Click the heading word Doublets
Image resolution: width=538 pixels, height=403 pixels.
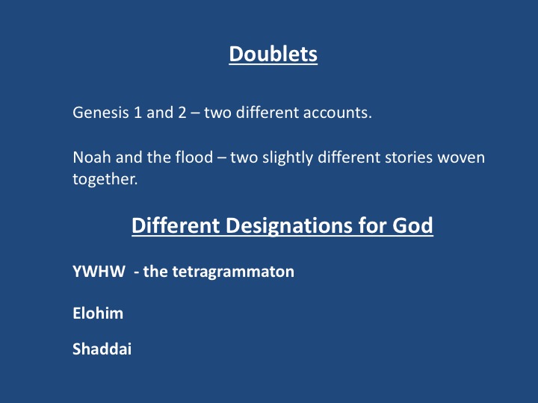(x=273, y=54)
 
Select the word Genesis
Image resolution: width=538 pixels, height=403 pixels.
(x=101, y=113)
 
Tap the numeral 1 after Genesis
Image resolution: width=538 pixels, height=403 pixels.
(x=137, y=113)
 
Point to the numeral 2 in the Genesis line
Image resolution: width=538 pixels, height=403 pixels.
(x=182, y=113)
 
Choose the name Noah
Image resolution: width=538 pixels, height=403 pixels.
(x=92, y=157)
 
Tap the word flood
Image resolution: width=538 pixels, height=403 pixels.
(x=194, y=157)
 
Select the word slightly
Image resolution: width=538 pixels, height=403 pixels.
(x=288, y=157)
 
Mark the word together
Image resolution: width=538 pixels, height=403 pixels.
(x=105, y=179)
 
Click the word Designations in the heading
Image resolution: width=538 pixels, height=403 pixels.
(x=289, y=225)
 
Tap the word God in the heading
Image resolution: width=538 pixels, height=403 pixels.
(x=412, y=225)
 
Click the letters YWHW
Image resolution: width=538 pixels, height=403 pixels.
(x=99, y=272)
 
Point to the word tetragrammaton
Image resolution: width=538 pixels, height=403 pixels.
(x=233, y=272)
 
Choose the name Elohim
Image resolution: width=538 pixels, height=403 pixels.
(x=98, y=313)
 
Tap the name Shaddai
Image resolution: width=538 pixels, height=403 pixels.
(x=102, y=349)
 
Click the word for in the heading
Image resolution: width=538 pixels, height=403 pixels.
(x=372, y=225)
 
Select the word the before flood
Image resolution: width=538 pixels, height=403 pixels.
(x=159, y=157)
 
